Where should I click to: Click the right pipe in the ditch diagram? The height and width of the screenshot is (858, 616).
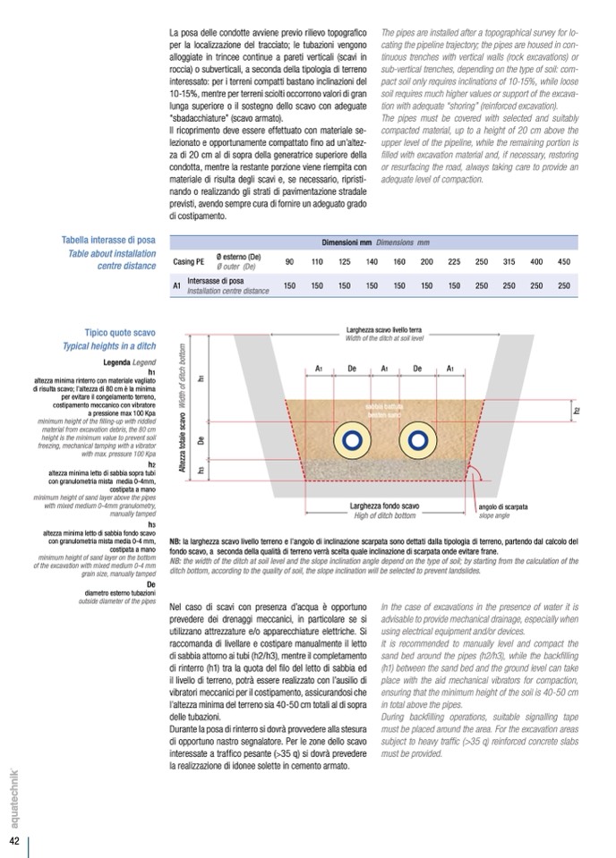(415, 439)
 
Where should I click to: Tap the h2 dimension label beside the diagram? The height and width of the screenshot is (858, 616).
(576, 411)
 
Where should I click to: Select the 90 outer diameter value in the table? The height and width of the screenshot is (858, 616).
(289, 261)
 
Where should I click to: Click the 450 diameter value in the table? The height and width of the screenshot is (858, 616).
(563, 261)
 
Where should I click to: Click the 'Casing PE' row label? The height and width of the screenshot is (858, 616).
(188, 261)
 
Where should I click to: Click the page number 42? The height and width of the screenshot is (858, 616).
(15, 842)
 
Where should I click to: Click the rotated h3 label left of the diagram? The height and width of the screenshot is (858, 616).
(202, 469)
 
